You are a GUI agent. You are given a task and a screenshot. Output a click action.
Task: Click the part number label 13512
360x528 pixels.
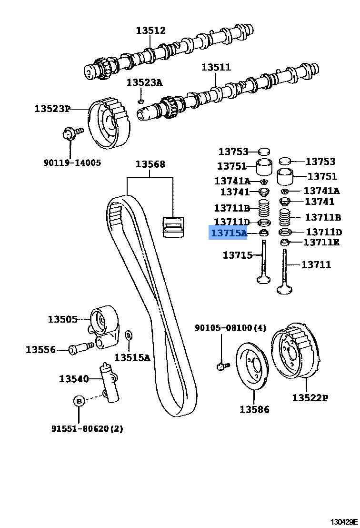(150, 30)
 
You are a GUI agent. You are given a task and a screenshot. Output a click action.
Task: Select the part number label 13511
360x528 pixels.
(216, 67)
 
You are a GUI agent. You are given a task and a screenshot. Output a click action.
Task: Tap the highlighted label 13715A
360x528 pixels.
(229, 233)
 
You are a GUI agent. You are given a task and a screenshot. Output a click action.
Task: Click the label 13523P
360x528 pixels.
(52, 109)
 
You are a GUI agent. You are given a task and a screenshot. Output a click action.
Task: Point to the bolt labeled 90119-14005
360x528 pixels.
(70, 133)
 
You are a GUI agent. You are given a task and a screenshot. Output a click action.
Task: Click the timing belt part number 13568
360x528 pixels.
(150, 164)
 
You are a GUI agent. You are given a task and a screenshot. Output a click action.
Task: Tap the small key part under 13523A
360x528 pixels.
(140, 101)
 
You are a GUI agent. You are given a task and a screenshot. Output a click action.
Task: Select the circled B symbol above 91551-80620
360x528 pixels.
(79, 401)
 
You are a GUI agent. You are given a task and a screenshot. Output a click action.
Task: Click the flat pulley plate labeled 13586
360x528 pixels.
(253, 364)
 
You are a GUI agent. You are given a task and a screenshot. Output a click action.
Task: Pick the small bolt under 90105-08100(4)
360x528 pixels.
(222, 366)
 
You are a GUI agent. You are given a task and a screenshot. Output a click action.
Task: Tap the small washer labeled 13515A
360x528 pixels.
(128, 336)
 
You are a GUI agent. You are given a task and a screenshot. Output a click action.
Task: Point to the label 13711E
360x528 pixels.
(321, 243)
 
